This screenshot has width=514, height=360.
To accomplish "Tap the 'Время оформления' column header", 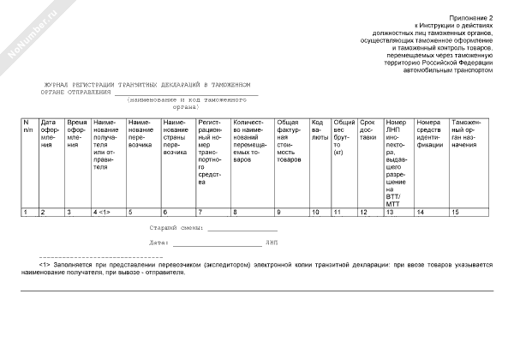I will tap(77, 133).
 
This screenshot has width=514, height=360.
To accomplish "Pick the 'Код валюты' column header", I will tap(320, 129).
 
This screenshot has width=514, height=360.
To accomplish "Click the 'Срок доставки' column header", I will tap(368, 129).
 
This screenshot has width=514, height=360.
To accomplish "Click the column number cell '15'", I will tap(455, 211).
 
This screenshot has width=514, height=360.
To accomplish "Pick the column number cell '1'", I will tap(25, 211).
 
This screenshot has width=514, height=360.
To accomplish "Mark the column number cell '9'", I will tap(278, 211).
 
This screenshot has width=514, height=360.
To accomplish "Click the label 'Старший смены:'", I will tap(176, 230).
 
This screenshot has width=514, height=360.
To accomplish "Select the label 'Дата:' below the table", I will tap(156, 243).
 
